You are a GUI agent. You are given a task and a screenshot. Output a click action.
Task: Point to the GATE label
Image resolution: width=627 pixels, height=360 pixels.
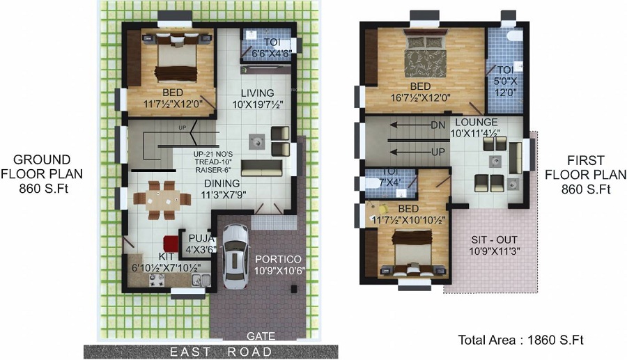coord(261,336)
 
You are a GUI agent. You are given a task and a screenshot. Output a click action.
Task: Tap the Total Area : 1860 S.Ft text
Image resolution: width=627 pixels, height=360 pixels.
coord(520,341)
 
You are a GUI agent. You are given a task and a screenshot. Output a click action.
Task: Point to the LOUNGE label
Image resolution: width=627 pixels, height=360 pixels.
coord(477,122)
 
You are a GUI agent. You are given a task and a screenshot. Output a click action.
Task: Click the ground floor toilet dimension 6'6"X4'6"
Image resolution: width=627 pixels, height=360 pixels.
coord(268,52)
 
